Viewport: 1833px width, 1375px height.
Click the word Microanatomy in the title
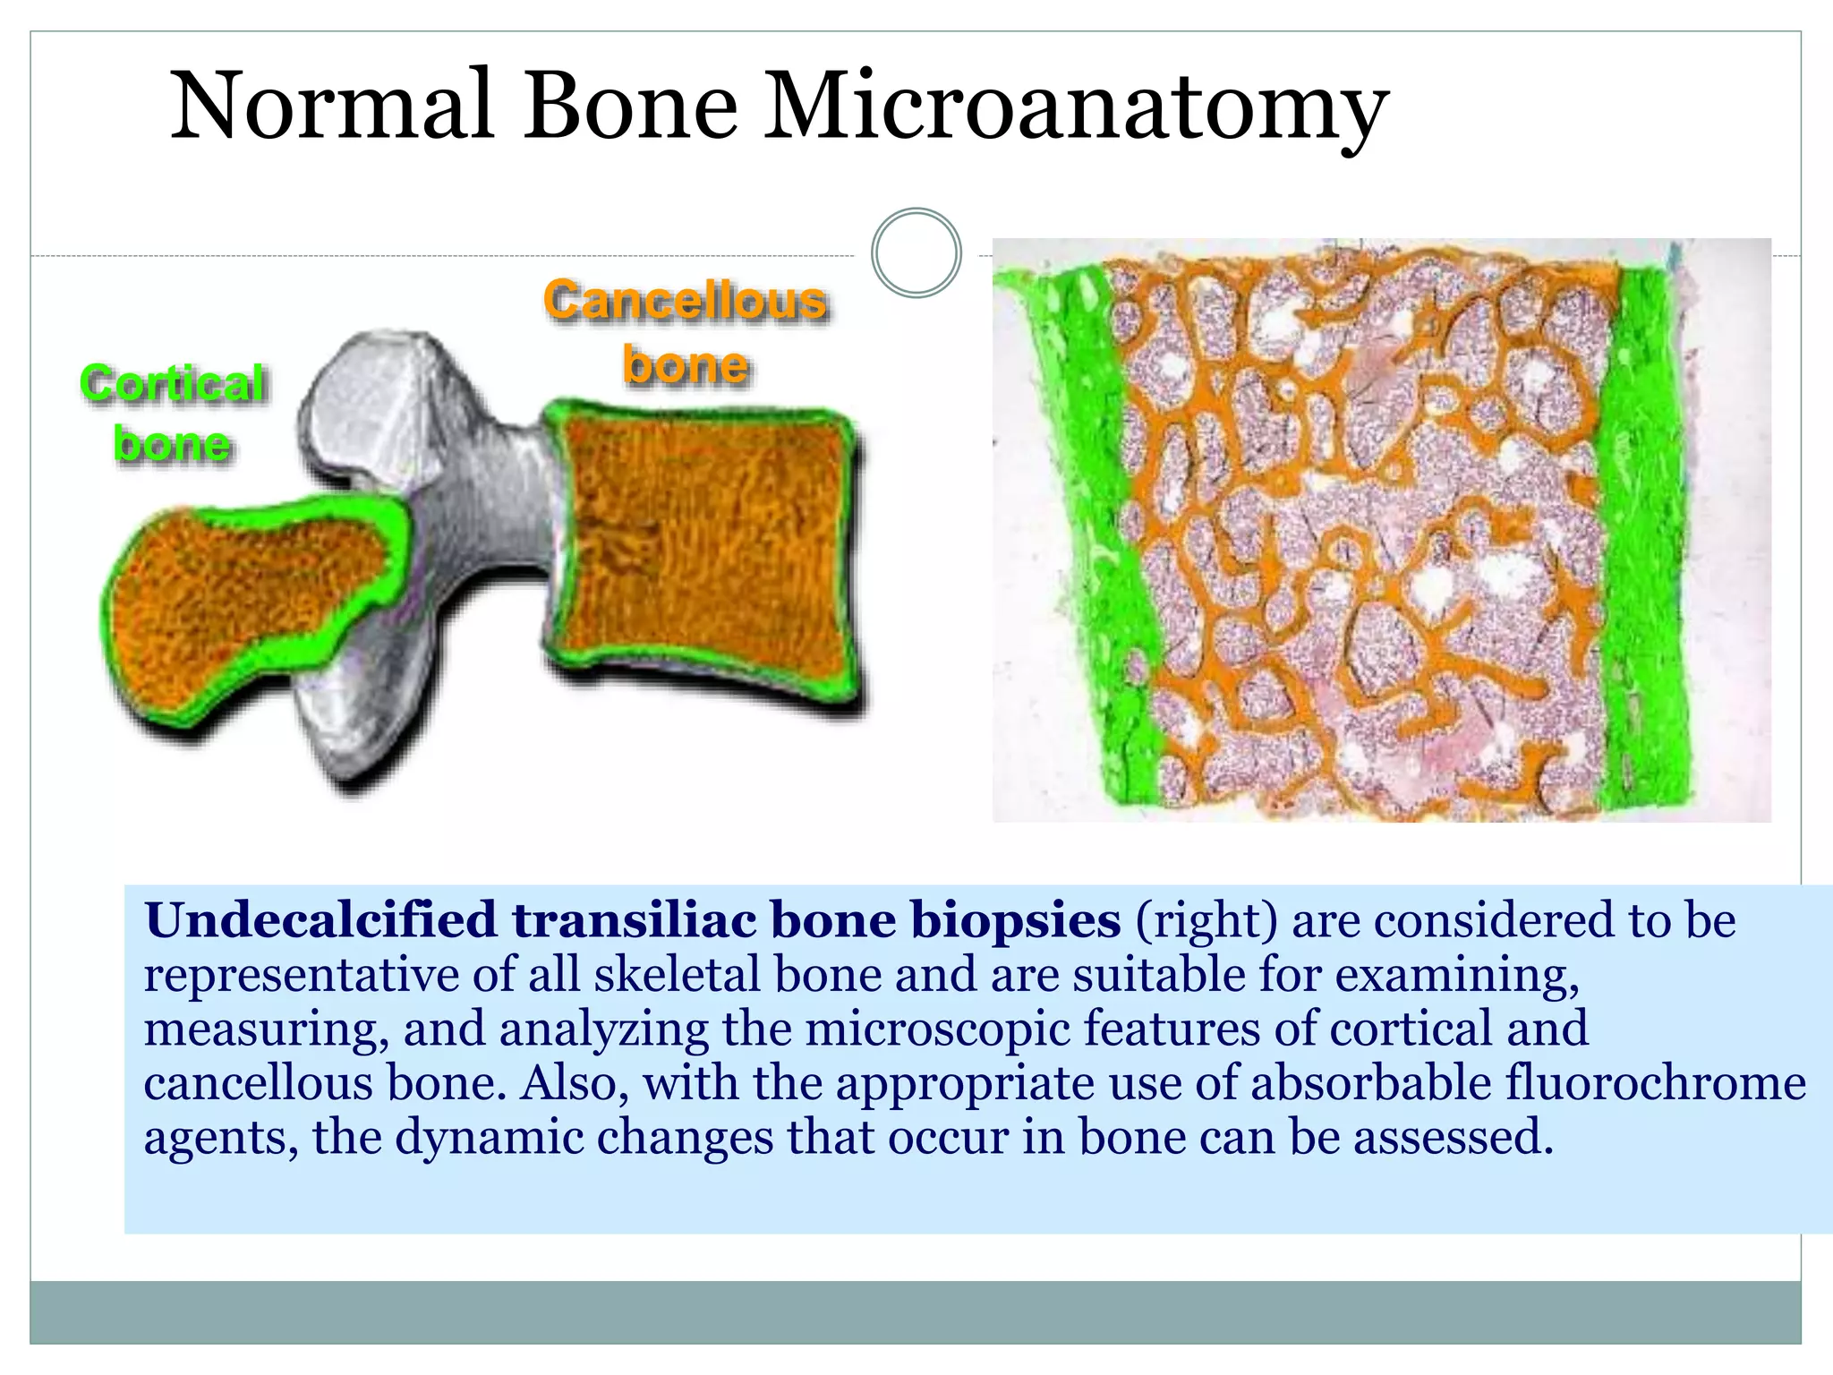1074,107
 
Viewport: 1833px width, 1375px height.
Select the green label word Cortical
172,383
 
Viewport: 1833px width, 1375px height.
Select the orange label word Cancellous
685,300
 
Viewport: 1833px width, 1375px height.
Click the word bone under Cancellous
686,365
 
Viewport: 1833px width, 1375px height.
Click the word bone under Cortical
172,444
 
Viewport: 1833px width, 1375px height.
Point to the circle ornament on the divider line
916,253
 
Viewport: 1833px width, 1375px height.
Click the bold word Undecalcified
320,920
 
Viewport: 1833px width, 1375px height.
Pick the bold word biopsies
1015,920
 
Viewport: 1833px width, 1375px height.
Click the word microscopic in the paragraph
937,1029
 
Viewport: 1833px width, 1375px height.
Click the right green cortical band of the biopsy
1642,537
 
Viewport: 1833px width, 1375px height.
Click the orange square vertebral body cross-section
703,546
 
